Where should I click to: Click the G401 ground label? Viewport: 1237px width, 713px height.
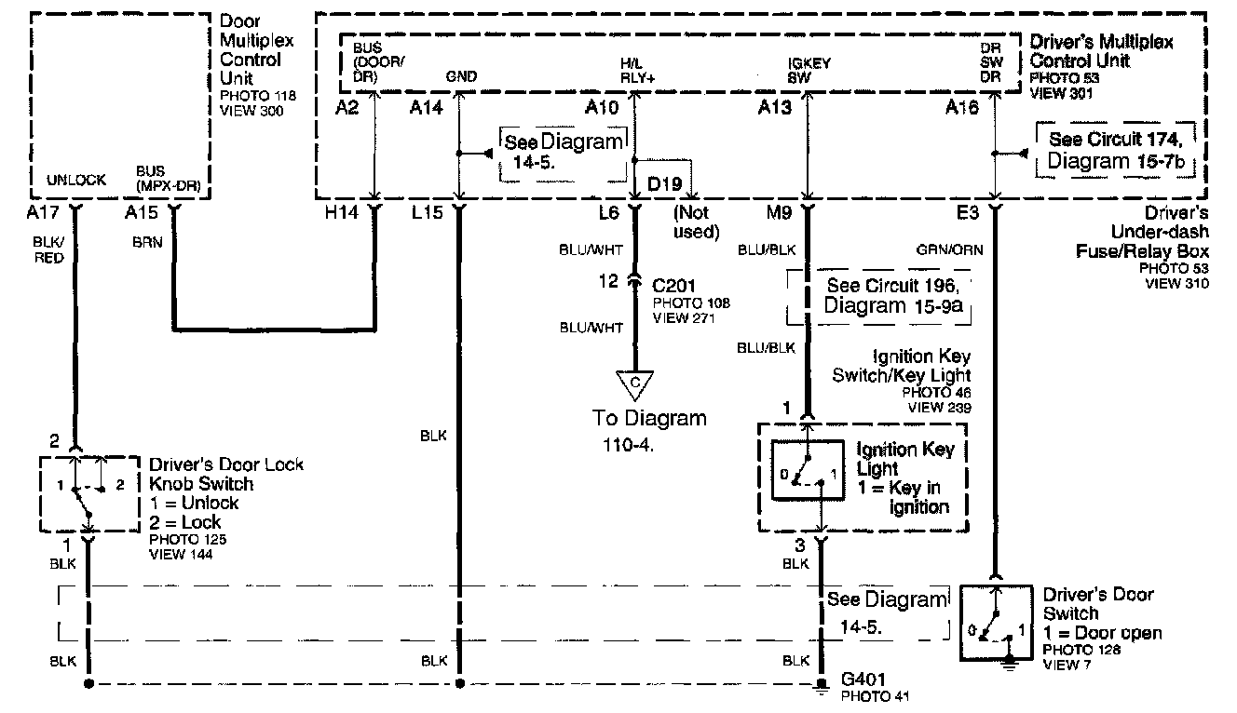tap(863, 679)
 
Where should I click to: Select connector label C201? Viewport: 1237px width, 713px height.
tap(673, 286)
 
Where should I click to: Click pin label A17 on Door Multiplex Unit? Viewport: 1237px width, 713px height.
tap(42, 212)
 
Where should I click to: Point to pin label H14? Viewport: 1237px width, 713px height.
tap(341, 212)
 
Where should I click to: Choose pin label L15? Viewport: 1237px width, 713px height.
tap(427, 212)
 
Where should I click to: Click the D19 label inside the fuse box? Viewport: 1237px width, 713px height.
tap(664, 183)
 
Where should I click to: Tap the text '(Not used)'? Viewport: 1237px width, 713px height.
tap(696, 222)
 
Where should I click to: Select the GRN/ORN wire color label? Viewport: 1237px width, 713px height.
tap(949, 250)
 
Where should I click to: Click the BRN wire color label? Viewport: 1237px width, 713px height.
tap(147, 242)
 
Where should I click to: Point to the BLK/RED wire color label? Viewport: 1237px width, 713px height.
tap(48, 250)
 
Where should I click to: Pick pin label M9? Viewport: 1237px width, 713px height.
tap(779, 212)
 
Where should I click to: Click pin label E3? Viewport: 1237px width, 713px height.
tap(967, 212)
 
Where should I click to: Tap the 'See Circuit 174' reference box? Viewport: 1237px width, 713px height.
tap(1115, 150)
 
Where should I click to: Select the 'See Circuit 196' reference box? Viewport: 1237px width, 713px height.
tap(879, 297)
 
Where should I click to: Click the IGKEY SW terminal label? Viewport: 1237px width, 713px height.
tap(809, 71)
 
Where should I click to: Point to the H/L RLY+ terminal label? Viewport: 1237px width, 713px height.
tap(637, 71)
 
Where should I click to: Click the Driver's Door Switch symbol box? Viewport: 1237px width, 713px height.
tap(997, 623)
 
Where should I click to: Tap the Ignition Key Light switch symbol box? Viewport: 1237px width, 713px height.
tap(808, 470)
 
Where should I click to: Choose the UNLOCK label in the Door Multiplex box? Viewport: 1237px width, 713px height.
tap(76, 180)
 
